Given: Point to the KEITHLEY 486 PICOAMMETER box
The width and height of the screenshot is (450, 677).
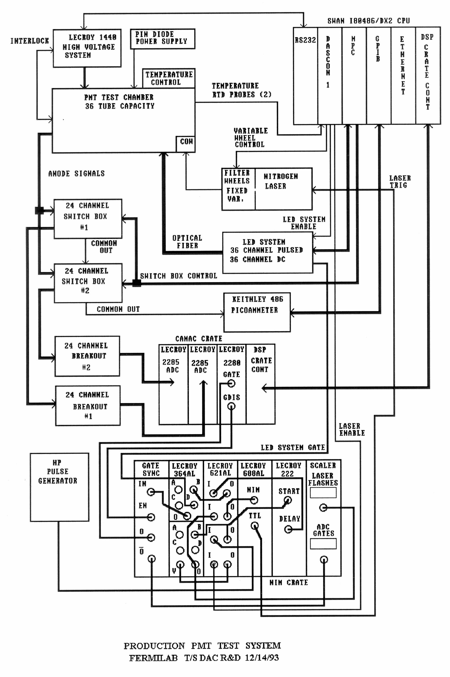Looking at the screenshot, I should click(257, 312).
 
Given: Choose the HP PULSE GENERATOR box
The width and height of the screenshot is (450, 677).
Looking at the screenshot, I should click(59, 487).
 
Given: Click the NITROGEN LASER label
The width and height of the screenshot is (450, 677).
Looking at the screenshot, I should click(280, 181).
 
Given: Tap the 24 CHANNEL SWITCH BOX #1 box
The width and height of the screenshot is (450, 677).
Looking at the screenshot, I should click(88, 218).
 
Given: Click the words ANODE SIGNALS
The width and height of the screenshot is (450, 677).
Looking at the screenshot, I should click(76, 174).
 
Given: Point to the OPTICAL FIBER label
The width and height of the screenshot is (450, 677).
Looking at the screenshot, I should click(187, 241).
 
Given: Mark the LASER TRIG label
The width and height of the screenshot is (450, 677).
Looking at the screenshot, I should click(400, 182).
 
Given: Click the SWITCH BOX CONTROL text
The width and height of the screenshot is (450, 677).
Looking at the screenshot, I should click(179, 276).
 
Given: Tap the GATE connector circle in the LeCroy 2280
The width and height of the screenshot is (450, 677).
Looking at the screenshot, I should click(231, 383).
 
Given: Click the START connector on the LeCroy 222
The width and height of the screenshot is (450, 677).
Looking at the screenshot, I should click(288, 500).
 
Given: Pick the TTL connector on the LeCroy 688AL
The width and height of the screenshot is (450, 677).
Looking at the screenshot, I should click(255, 526).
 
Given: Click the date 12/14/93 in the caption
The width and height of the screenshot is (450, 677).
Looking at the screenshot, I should click(262, 657).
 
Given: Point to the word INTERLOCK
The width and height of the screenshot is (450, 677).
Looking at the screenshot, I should click(30, 41).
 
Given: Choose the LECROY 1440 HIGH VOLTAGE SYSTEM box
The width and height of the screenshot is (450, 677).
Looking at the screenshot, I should click(87, 48).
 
